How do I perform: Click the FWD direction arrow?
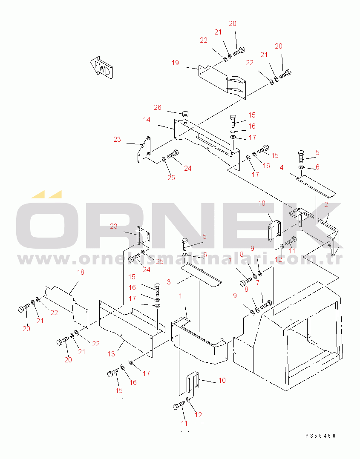coord(101,67)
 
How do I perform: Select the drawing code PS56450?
coord(320,436)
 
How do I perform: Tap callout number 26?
coord(158,107)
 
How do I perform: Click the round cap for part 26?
coord(185,114)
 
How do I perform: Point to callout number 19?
coord(176,63)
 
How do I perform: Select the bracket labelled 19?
coord(224,83)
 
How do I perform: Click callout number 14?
coord(147,120)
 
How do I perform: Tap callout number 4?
coord(282,167)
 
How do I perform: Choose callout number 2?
coord(326,204)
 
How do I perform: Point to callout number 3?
coord(169,282)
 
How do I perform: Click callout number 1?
coord(180,295)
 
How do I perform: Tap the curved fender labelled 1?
coord(200,345)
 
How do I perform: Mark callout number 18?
coord(80,272)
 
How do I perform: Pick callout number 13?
coord(112,354)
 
